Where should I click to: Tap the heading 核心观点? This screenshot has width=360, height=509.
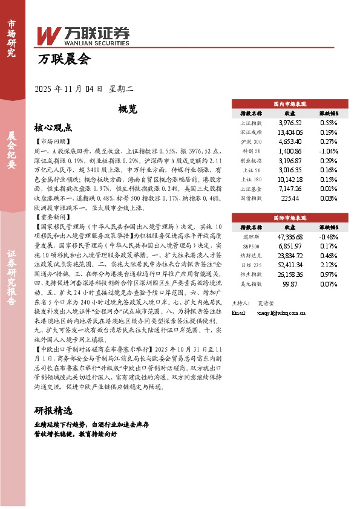(x=53, y=128)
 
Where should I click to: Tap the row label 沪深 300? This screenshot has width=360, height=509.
(x=250, y=141)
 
